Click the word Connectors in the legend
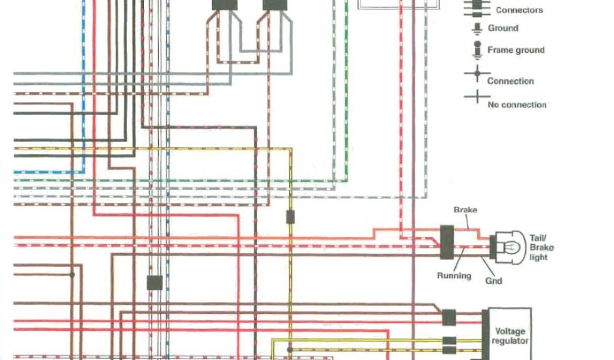(x=519, y=10)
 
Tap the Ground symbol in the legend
(x=477, y=28)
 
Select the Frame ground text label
(x=516, y=50)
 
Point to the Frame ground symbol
(x=477, y=50)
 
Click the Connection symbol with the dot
(x=477, y=76)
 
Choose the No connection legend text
(x=517, y=104)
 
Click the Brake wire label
(x=465, y=210)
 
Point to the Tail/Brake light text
(x=541, y=247)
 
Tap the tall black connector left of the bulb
(x=447, y=242)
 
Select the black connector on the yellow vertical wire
(x=290, y=217)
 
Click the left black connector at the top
(x=224, y=5)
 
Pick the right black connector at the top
(x=275, y=5)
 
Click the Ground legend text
(x=503, y=28)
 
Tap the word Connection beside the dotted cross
(x=510, y=81)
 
